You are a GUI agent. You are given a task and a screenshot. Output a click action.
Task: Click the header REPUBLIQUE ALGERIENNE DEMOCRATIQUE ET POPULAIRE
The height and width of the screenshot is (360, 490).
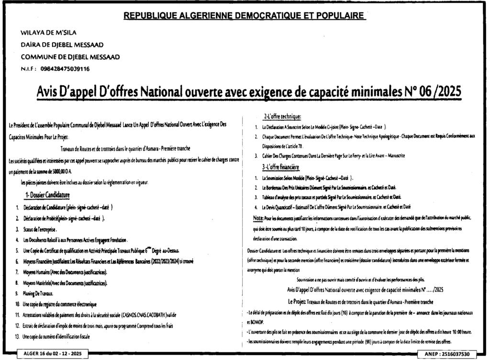tap(245, 15)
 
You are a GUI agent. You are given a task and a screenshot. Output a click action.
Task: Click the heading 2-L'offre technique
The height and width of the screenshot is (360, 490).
tap(282, 117)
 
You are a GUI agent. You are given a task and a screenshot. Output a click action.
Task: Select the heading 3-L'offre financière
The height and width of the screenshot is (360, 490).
tap(280, 167)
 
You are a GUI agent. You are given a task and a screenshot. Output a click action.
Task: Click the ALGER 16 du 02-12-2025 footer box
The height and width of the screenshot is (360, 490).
tap(50, 353)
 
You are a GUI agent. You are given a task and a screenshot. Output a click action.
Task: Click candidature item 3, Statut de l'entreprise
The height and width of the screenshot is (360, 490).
tap(41, 229)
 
